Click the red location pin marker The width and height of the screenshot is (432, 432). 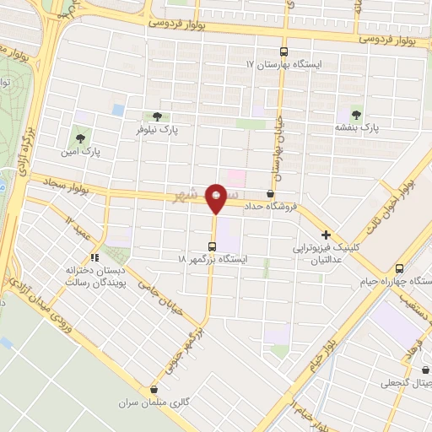pyautogui.click(x=218, y=197)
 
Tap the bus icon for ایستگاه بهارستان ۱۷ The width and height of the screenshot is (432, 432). pyautogui.click(x=283, y=51)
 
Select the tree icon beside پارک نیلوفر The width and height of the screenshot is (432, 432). pyautogui.click(x=157, y=117)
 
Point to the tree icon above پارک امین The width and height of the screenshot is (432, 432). pyautogui.click(x=80, y=135)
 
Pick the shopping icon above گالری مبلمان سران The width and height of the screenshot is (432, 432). pyautogui.click(x=154, y=389)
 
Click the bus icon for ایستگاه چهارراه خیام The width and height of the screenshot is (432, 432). pyautogui.click(x=409, y=266)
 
